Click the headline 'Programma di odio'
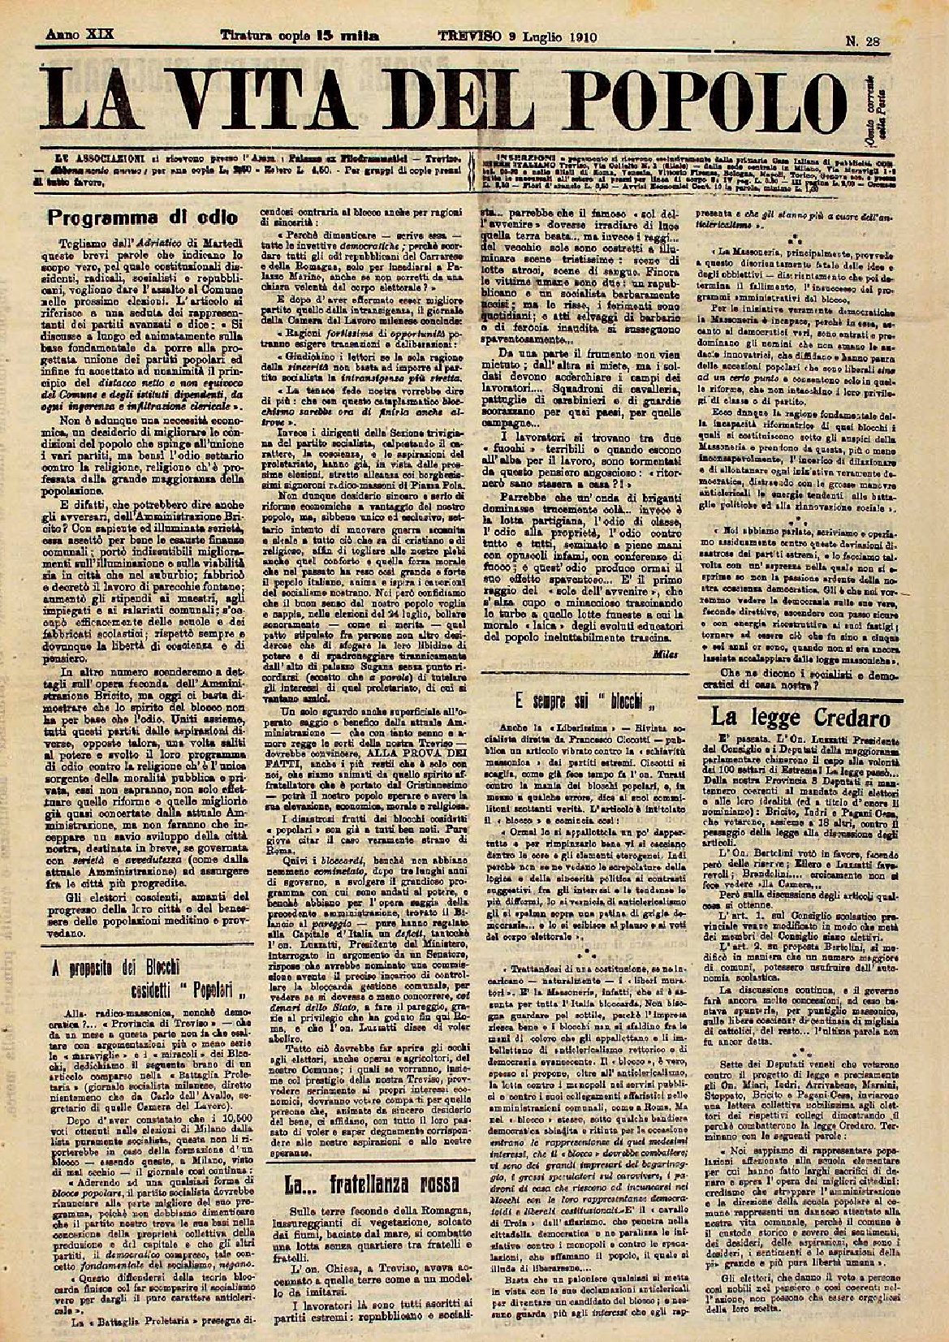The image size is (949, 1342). (x=142, y=218)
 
